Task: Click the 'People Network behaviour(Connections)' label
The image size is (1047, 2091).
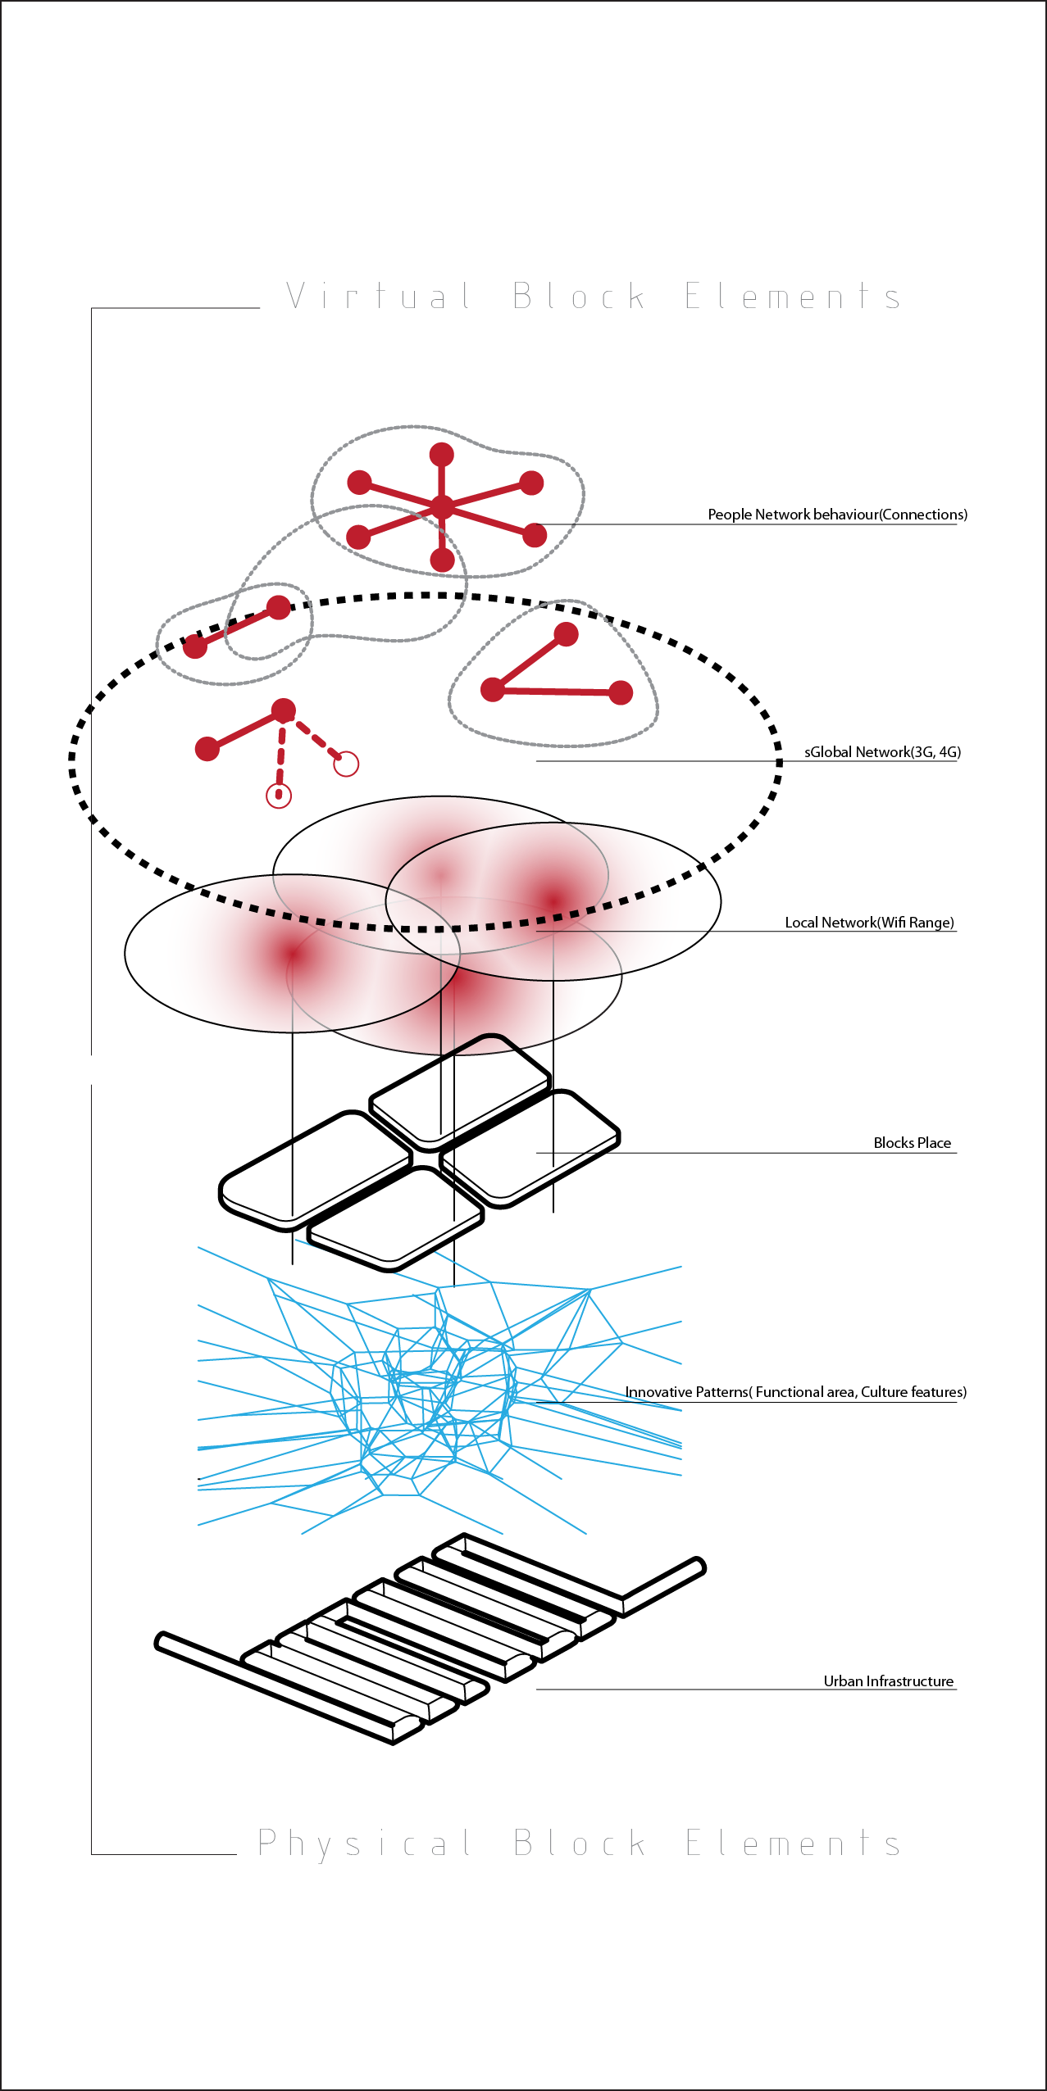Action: click(x=837, y=515)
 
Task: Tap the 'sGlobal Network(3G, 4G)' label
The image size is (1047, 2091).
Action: click(x=882, y=752)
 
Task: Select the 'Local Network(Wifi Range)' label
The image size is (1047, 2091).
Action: click(x=869, y=923)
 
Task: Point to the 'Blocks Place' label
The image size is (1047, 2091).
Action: click(x=912, y=1143)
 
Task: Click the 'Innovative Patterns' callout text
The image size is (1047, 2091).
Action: click(x=795, y=1392)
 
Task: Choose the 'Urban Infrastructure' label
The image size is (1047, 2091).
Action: click(x=888, y=1681)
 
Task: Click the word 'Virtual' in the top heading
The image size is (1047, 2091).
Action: click(x=378, y=295)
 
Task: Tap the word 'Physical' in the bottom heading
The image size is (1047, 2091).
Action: click(x=364, y=1844)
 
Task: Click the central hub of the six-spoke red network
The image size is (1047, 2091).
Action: click(x=442, y=507)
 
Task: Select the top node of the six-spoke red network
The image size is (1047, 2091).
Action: click(x=442, y=455)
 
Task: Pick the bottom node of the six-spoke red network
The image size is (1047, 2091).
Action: click(x=442, y=560)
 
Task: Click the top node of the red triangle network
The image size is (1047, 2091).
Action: click(x=566, y=634)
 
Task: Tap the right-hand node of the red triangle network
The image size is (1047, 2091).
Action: click(x=621, y=692)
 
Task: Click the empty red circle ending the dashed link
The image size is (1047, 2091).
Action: click(x=347, y=764)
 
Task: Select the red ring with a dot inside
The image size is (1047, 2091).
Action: click(x=279, y=795)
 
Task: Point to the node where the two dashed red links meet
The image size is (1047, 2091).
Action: click(x=283, y=710)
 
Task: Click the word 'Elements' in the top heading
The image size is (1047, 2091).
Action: click(x=793, y=296)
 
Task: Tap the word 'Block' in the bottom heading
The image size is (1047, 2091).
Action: click(x=580, y=1844)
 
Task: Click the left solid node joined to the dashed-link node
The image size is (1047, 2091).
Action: click(x=207, y=748)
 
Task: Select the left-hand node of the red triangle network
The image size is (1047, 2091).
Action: click(x=493, y=690)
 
